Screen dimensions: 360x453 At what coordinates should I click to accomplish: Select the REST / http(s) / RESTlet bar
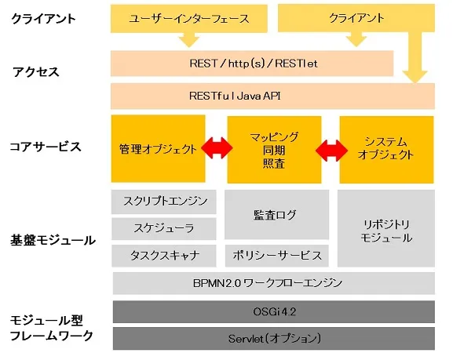pyautogui.click(x=251, y=64)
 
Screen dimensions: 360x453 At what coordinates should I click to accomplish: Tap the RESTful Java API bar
pyautogui.click(x=272, y=96)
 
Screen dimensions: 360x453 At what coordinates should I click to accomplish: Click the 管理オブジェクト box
pyautogui.click(x=158, y=149)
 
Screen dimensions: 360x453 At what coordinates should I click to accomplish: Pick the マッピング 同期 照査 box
pyautogui.click(x=272, y=149)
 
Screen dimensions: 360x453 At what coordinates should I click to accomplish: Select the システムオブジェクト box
pyautogui.click(x=385, y=149)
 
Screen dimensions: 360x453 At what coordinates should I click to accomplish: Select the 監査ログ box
pyautogui.click(x=275, y=214)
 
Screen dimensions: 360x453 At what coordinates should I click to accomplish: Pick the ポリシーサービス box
pyautogui.click(x=275, y=256)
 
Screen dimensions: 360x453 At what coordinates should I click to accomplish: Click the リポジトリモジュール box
pyautogui.click(x=385, y=227)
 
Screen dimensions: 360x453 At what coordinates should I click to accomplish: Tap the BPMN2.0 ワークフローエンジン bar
pyautogui.click(x=272, y=282)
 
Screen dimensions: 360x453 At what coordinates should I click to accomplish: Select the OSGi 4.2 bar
pyautogui.click(x=272, y=312)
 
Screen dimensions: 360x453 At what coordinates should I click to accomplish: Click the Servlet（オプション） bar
pyautogui.click(x=272, y=338)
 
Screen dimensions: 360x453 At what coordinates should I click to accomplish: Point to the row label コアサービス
pyautogui.click(x=46, y=147)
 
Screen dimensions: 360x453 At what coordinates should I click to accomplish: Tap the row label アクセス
pyautogui.click(x=36, y=71)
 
